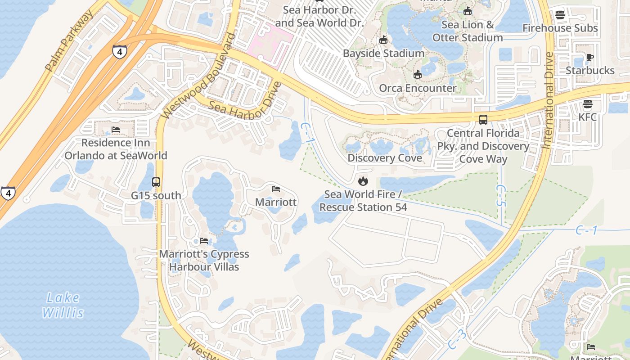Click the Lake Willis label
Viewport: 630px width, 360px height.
(63, 305)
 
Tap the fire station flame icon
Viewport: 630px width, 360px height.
(363, 181)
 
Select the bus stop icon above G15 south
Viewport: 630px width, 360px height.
(156, 182)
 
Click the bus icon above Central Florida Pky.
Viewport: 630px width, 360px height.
(483, 120)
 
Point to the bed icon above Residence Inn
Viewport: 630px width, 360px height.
(116, 130)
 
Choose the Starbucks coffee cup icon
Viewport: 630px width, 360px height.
(589, 57)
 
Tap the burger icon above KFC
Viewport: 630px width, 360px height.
(587, 104)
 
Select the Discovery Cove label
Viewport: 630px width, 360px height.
(385, 158)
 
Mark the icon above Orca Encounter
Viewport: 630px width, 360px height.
(418, 74)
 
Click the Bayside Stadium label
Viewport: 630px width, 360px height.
(383, 53)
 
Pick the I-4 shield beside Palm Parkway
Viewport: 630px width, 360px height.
(119, 52)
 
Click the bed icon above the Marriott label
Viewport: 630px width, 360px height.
(276, 189)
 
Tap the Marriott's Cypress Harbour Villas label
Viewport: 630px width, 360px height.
(204, 260)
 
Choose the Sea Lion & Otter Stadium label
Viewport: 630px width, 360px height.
(468, 31)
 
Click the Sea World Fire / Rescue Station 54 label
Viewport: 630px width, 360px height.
(363, 201)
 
